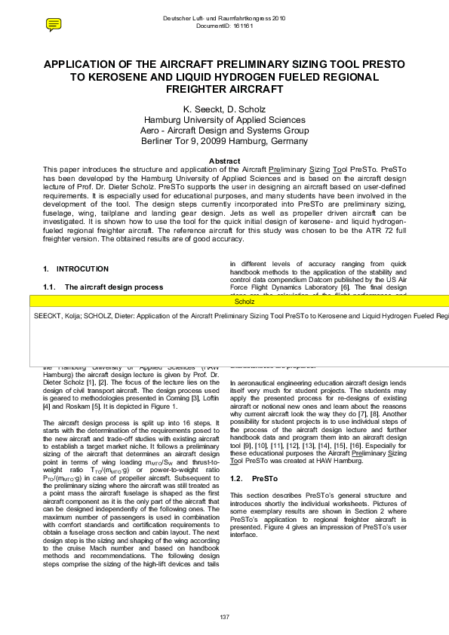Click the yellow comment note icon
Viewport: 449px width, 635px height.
pos(54,25)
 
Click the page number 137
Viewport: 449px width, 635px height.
pos(224,617)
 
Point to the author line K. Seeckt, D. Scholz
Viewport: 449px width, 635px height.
pos(224,109)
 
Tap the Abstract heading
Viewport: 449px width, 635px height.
pos(224,161)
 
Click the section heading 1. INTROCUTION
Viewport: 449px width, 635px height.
pos(76,269)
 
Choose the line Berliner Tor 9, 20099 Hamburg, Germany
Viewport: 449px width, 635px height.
pos(224,141)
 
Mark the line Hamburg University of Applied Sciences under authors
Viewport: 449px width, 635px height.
pos(224,120)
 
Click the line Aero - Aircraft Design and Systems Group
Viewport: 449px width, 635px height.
pos(224,130)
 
